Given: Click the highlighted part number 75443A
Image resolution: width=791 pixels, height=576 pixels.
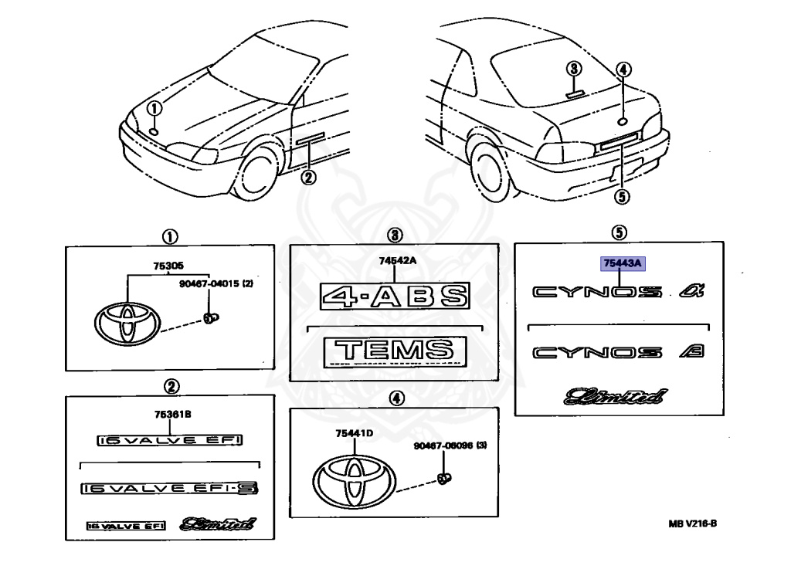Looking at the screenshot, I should click(623, 264).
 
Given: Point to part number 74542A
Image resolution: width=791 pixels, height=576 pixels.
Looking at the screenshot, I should click(397, 260).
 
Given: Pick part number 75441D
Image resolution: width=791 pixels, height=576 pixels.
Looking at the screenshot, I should click(355, 433).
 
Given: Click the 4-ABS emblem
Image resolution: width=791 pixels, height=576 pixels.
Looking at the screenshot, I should click(395, 296).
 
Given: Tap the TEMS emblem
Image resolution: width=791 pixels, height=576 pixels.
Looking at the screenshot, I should click(395, 350).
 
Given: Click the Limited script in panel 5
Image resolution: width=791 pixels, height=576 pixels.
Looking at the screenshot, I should click(615, 397).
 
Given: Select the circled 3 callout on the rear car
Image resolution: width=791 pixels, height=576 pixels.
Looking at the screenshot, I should click(572, 69).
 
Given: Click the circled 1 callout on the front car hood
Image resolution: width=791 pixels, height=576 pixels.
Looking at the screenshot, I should click(154, 108).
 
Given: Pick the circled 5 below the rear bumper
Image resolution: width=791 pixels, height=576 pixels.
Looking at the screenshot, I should click(621, 196).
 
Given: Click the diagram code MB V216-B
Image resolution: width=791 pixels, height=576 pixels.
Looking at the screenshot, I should click(693, 523).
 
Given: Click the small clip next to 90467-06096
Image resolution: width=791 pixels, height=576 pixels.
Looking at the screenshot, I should click(443, 478).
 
